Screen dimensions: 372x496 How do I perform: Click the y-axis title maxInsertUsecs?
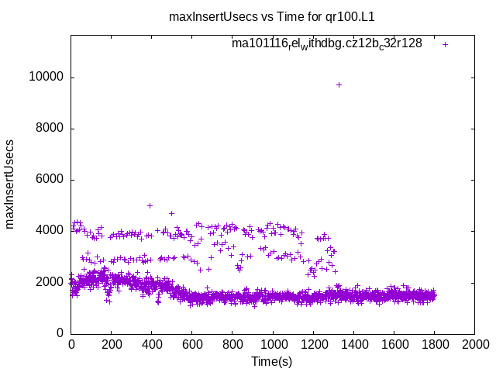(11, 184)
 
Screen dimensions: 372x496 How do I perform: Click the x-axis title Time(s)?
(272, 361)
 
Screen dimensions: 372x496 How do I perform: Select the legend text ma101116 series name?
(326, 43)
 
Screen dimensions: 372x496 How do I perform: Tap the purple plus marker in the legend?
(445, 44)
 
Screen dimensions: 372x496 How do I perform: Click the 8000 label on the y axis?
(51, 129)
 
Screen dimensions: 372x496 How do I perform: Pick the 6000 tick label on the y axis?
(51, 180)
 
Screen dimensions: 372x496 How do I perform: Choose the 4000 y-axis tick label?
(51, 231)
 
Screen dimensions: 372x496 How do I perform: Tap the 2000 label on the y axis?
(51, 282)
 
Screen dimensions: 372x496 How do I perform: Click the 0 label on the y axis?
(61, 333)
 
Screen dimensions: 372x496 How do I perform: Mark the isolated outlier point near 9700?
(339, 84)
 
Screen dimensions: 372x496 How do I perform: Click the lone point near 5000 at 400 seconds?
(150, 205)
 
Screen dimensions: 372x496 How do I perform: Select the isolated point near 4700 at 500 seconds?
(171, 213)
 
